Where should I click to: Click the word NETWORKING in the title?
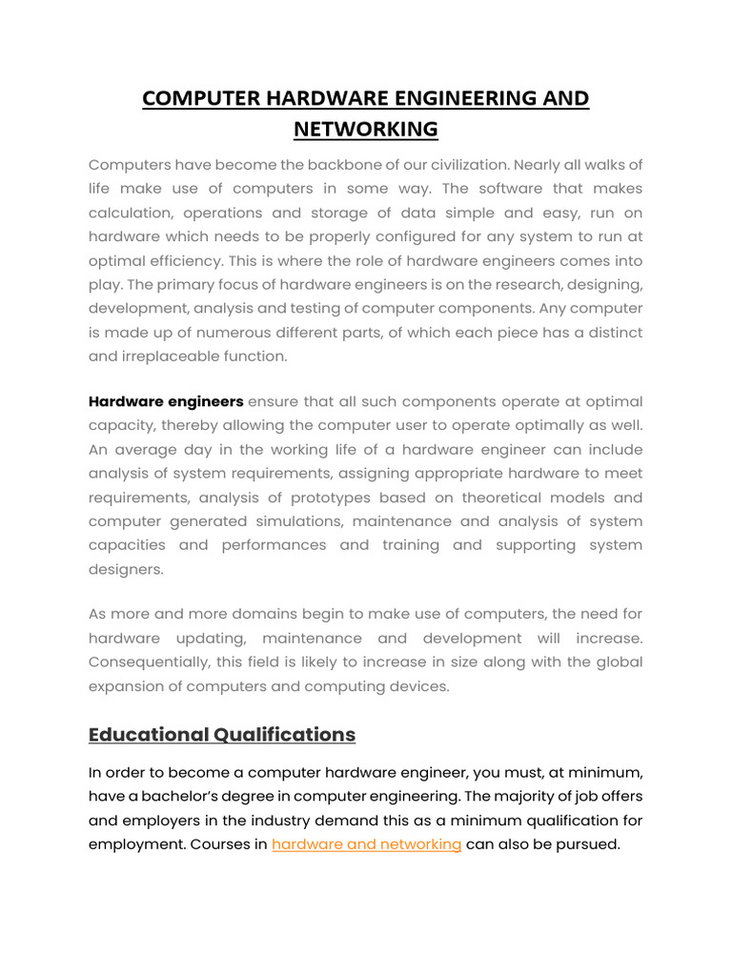pos(366,129)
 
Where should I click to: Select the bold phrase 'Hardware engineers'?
pos(166,401)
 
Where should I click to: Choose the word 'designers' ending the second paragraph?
pos(125,569)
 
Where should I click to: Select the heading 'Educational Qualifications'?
pos(222,734)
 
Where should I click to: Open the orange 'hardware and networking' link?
pos(366,844)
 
